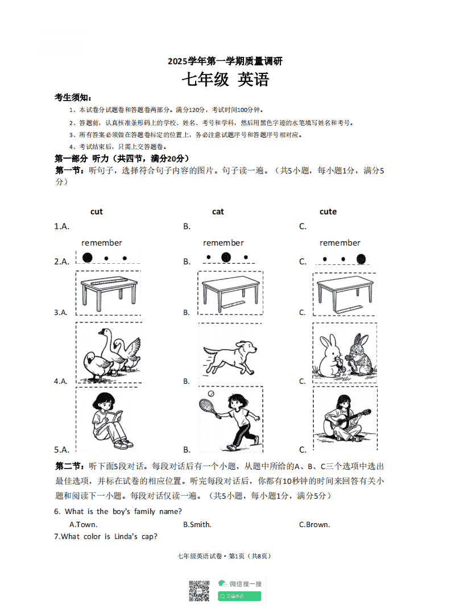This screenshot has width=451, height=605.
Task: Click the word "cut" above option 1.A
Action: [x=97, y=212]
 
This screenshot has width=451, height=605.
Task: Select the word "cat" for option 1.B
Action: [x=218, y=212]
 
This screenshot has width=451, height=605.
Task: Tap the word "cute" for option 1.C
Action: [x=328, y=212]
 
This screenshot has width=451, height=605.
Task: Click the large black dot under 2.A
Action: [x=87, y=258]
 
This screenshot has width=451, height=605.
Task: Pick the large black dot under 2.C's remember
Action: [x=361, y=259]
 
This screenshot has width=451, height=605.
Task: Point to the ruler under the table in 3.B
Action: [x=232, y=306]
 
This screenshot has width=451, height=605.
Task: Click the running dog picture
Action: [x=229, y=355]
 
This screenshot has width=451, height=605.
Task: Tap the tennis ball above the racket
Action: [x=210, y=393]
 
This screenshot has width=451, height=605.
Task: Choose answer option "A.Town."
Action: [x=83, y=524]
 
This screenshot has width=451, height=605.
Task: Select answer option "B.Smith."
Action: [x=197, y=524]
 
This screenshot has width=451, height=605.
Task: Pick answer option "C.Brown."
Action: [x=315, y=524]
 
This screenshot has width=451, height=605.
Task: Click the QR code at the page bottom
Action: [x=199, y=590]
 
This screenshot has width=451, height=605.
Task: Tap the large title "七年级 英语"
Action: [x=225, y=80]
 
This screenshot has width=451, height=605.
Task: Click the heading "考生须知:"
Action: [x=73, y=97]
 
